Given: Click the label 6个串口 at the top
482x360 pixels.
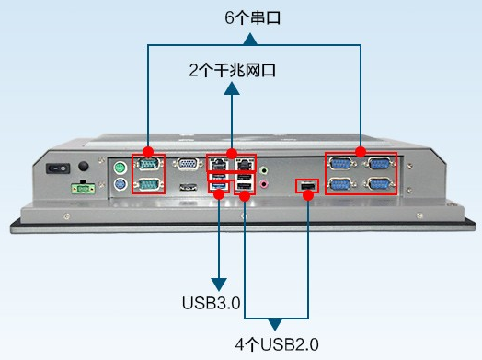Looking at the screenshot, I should pos(252,17).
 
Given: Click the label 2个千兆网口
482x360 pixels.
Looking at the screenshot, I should pos(232,70).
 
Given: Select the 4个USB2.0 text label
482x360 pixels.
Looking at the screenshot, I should pos(276,344).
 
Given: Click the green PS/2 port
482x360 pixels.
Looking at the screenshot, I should pos(119,168).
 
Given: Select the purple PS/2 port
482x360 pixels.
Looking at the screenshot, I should pos(119,184).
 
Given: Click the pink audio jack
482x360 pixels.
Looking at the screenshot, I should pos(266,184).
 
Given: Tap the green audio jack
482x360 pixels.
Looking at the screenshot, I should pos(266,169).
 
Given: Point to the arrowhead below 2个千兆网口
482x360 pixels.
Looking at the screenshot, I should pos(232,87).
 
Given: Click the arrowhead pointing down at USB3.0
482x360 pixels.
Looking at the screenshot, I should pos(219,283).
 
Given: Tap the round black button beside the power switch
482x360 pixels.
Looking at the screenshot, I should pos(85,167).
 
